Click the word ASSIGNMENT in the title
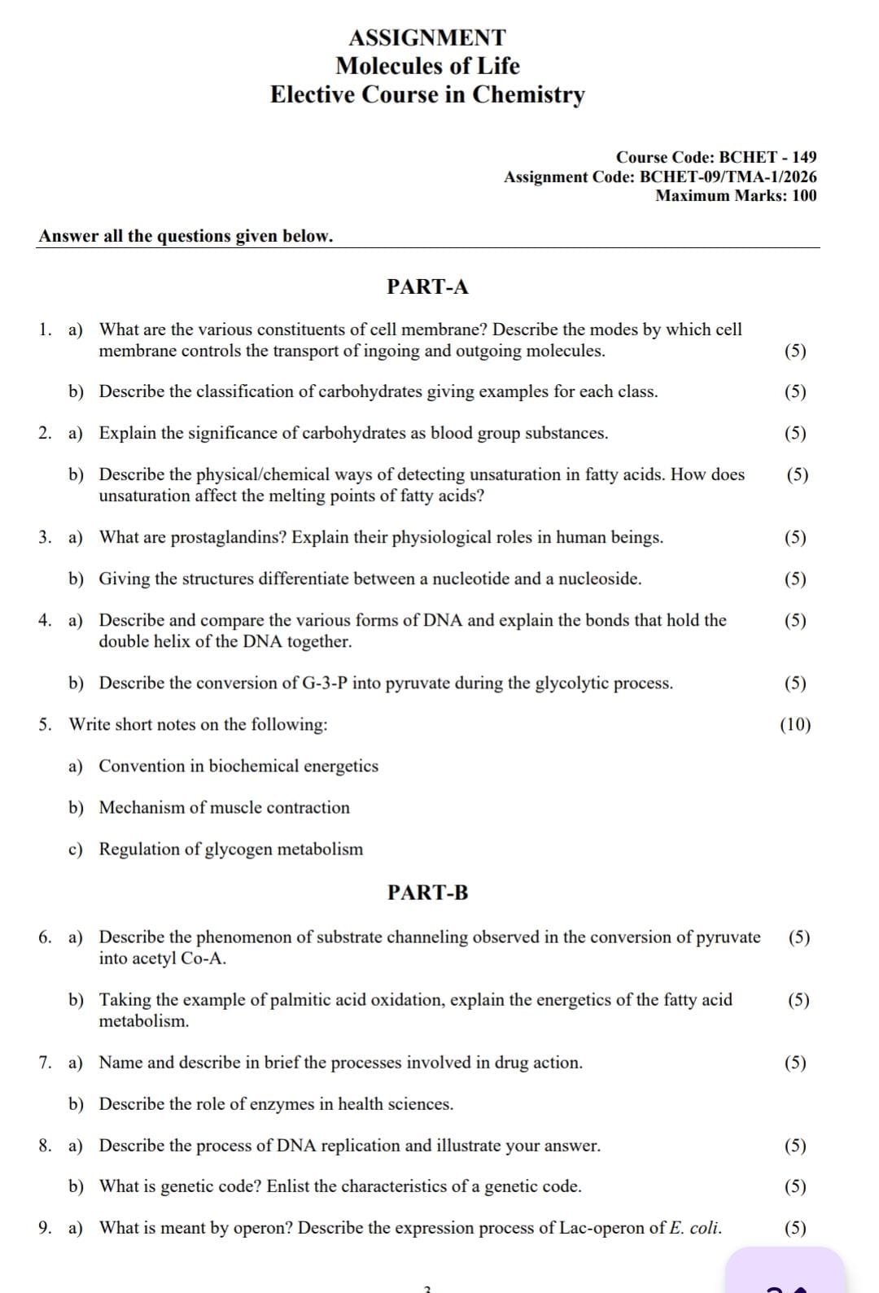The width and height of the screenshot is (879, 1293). pyautogui.click(x=427, y=37)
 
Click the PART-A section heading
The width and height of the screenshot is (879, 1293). pyautogui.click(x=427, y=286)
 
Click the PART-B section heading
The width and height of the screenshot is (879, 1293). pyautogui.click(x=427, y=893)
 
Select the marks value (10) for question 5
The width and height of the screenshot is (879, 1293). pyautogui.click(x=795, y=725)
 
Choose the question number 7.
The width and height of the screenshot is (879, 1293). pyautogui.click(x=45, y=1063)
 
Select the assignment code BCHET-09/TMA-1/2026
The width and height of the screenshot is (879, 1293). pyautogui.click(x=728, y=177)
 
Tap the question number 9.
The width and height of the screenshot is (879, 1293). pyautogui.click(x=45, y=1228)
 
